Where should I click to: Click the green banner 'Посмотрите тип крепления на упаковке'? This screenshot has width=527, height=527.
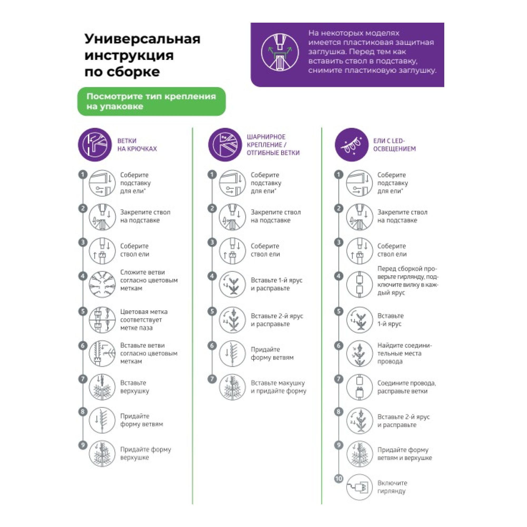tap(152, 101)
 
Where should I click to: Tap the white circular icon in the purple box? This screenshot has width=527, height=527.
tap(280, 52)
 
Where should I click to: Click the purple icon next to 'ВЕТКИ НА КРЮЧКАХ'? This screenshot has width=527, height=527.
tap(95, 145)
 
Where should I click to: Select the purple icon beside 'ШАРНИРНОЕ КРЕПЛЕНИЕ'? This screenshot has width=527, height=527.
tap(225, 145)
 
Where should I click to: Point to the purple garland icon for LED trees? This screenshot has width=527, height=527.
tap(352, 145)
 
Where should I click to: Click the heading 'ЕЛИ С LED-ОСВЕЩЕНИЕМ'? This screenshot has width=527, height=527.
tap(394, 145)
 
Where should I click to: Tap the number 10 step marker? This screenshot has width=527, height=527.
tap(339, 479)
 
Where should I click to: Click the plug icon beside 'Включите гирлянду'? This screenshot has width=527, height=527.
tap(359, 487)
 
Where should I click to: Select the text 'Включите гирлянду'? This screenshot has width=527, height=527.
tap(392, 487)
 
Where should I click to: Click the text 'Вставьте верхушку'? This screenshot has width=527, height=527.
tap(135, 387)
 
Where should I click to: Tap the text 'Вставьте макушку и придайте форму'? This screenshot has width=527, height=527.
tap(278, 387)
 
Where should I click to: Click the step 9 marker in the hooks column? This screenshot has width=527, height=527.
tap(83, 445)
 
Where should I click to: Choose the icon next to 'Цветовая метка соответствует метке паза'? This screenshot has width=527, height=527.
tap(102, 320)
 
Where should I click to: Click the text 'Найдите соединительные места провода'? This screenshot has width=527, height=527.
tap(404, 353)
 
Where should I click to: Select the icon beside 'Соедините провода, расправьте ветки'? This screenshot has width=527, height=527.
tap(359, 387)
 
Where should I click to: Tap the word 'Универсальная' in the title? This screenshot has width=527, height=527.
tap(142, 39)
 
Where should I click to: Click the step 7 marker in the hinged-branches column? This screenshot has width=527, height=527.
tap(212, 379)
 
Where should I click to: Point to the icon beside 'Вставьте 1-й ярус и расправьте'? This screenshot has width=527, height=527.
tap(232, 284)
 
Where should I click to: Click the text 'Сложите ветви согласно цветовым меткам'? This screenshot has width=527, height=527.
tap(149, 280)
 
